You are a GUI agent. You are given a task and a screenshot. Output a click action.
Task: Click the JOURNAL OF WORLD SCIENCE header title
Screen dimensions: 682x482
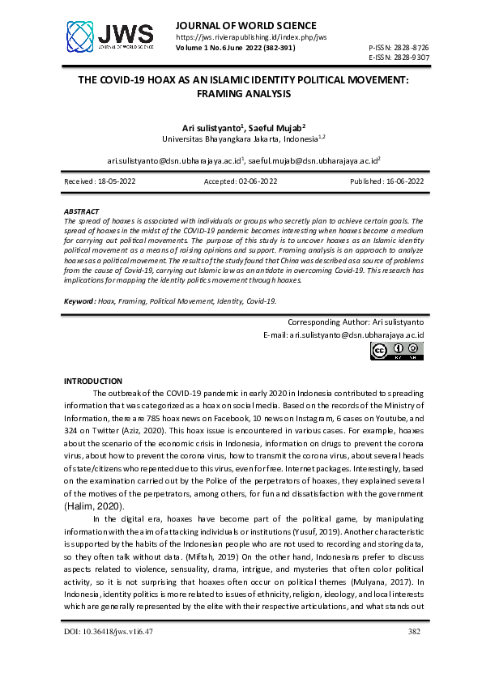(x=245, y=25)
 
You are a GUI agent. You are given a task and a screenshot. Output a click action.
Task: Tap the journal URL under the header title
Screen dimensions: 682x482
(x=251, y=37)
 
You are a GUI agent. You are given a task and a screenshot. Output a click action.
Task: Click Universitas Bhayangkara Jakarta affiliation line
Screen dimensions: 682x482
(x=243, y=139)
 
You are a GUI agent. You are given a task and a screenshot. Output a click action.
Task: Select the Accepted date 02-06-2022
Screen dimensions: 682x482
(x=241, y=181)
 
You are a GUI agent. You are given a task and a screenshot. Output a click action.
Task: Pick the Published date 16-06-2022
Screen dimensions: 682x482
(x=386, y=181)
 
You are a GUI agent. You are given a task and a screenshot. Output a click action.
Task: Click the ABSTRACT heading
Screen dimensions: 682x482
(x=81, y=211)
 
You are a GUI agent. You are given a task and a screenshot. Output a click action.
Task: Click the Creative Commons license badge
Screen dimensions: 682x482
(x=397, y=351)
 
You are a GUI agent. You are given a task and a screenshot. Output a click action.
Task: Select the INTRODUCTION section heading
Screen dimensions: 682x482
(x=92, y=381)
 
